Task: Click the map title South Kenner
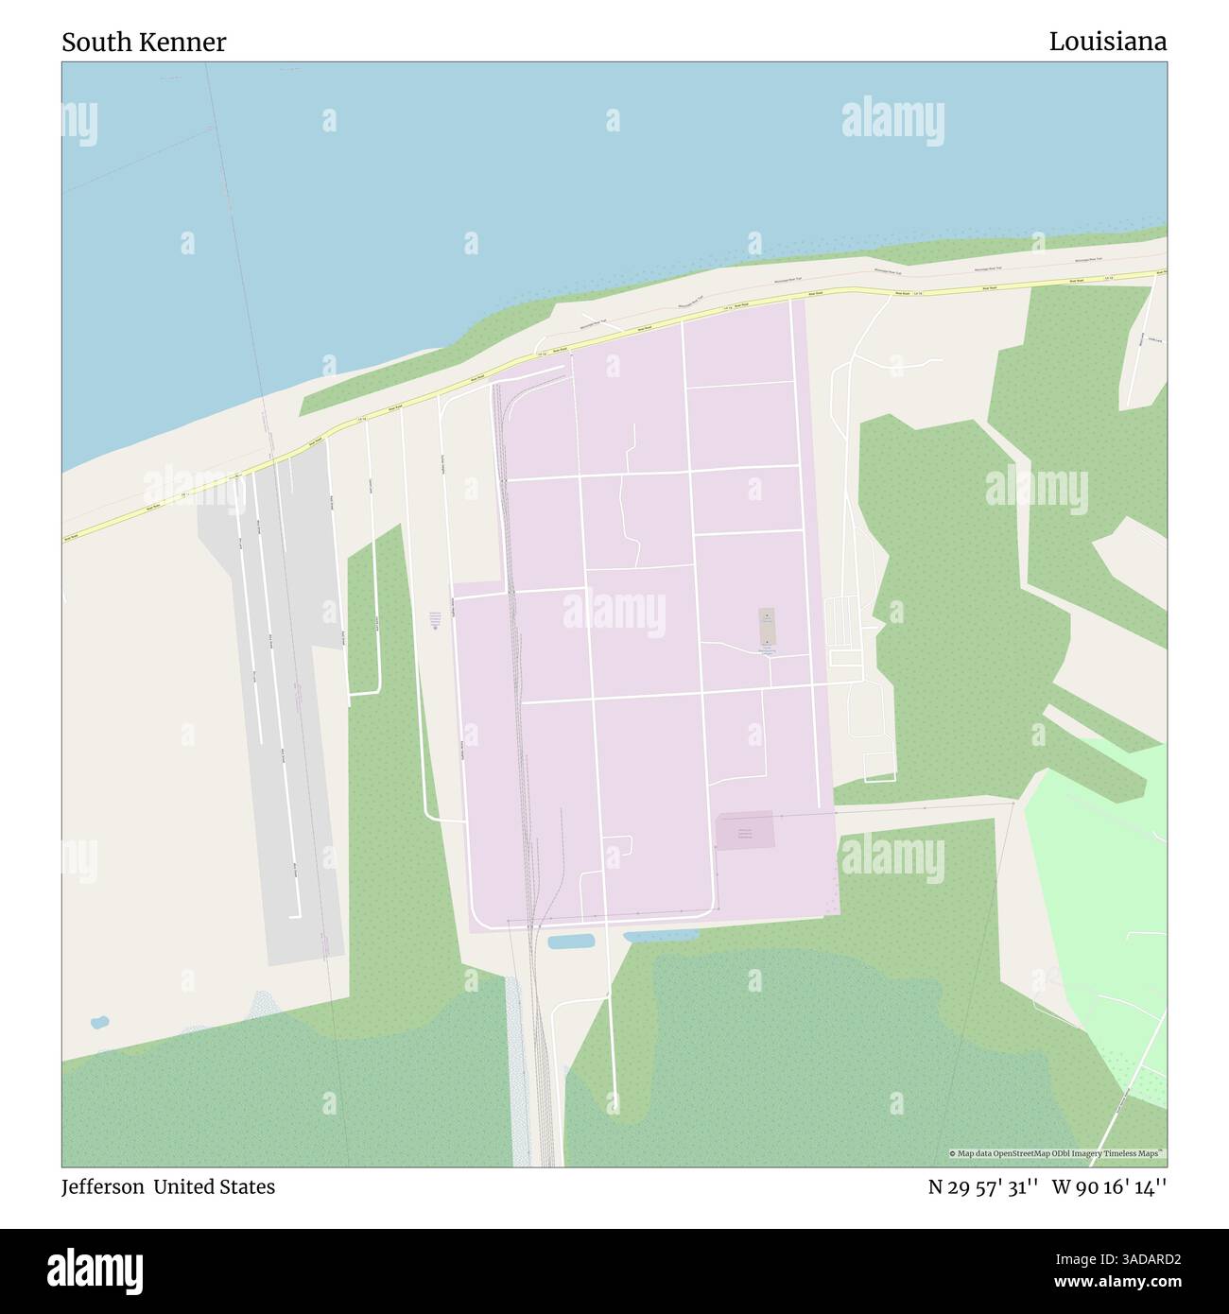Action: [x=144, y=43]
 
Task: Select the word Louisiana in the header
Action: [x=1107, y=42]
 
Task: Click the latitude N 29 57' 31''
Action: [x=980, y=1187]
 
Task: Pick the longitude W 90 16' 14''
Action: [x=1105, y=1187]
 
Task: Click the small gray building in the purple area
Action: [x=765, y=627]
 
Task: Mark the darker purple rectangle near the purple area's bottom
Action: [x=745, y=831]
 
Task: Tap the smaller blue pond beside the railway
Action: [x=571, y=942]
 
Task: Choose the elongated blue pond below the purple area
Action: [x=660, y=936]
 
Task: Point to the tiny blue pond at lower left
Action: [x=98, y=1023]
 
